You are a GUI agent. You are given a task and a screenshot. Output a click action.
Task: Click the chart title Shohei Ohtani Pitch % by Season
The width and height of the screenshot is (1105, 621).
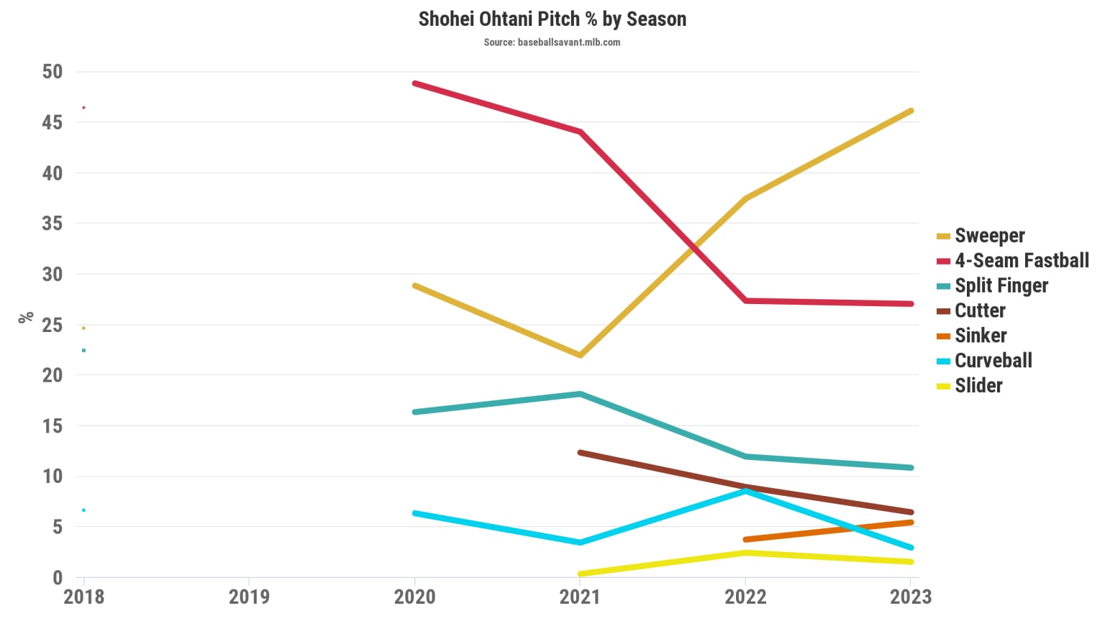click(552, 19)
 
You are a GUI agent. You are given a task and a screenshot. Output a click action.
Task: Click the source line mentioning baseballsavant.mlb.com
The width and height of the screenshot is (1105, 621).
click(552, 42)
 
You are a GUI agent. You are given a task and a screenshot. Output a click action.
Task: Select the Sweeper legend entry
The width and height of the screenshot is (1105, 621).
click(989, 236)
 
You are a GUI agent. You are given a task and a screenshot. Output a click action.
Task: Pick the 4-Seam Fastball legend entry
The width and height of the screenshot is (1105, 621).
click(1021, 261)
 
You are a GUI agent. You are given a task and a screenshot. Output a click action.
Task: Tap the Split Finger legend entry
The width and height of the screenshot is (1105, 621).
click(1001, 286)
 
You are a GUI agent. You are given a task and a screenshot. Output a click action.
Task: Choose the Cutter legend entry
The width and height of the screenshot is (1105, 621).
click(980, 310)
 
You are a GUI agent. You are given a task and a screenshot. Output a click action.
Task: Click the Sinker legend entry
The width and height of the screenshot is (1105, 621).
click(980, 336)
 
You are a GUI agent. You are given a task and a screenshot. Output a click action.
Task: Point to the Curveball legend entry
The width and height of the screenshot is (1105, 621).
click(993, 361)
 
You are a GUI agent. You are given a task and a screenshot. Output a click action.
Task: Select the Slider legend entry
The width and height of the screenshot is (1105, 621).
click(978, 386)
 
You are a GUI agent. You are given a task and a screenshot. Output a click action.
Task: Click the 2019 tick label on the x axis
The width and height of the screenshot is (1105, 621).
click(249, 597)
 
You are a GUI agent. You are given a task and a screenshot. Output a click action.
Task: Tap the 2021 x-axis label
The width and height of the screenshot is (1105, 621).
click(580, 597)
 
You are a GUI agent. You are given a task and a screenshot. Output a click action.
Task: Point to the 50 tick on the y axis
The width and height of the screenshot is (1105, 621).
click(53, 72)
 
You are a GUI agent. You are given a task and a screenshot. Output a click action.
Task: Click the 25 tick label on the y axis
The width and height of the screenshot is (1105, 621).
click(53, 325)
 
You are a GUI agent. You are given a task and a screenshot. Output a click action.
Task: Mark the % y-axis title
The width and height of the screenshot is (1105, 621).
click(26, 317)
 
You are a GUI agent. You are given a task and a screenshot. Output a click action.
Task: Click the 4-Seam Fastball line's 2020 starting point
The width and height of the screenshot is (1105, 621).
click(415, 83)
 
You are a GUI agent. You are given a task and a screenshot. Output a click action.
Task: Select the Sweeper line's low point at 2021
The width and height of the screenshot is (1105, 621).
click(580, 355)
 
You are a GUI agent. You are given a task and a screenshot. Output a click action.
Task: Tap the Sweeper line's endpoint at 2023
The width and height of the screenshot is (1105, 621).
click(911, 111)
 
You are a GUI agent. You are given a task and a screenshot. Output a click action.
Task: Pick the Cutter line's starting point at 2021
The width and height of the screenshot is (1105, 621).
click(580, 453)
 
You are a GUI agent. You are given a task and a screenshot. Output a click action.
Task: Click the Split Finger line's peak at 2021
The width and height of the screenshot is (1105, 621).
click(580, 394)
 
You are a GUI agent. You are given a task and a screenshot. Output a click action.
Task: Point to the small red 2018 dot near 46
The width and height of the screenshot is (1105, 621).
click(84, 108)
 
